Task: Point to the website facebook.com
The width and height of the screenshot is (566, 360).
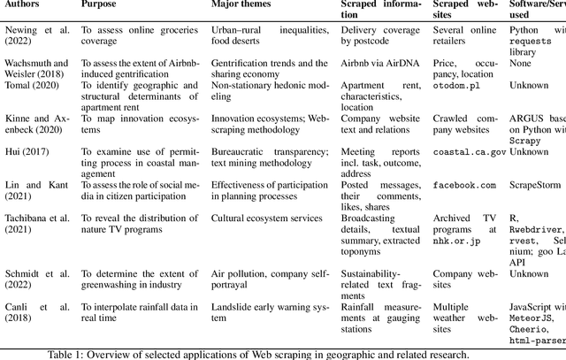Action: [464, 186]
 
